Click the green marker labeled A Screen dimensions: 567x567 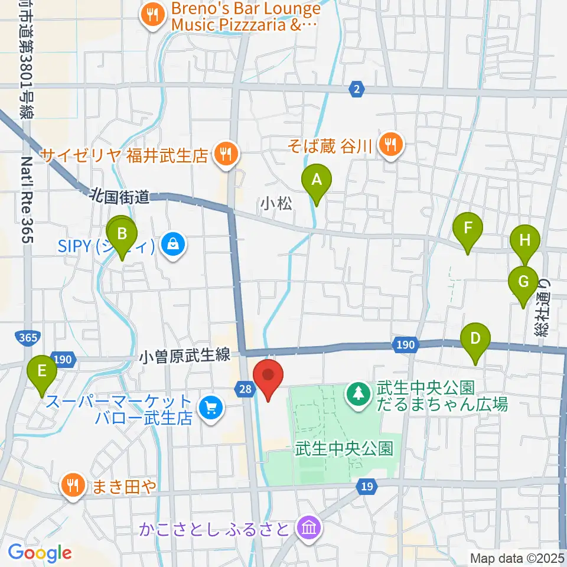(x=317, y=180)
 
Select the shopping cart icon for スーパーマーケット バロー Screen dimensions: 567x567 (x=210, y=407)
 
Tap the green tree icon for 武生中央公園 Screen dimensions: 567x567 (x=358, y=390)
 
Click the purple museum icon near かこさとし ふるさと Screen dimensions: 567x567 (x=309, y=526)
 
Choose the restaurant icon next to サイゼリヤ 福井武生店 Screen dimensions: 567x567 (x=226, y=155)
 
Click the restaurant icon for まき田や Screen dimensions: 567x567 (x=73, y=485)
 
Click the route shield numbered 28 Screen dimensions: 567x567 (x=246, y=388)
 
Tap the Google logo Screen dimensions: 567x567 (x=40, y=553)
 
